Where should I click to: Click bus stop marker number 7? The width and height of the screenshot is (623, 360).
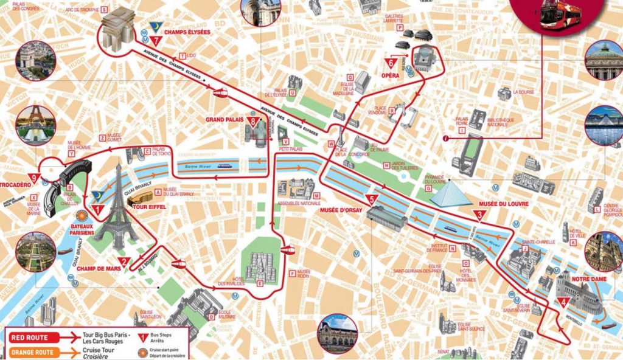[x=158, y=41]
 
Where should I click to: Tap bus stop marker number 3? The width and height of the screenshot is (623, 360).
[x=480, y=215]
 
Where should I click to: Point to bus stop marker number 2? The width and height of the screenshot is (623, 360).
[x=124, y=263]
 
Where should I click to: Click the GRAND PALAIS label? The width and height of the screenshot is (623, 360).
[x=225, y=120]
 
